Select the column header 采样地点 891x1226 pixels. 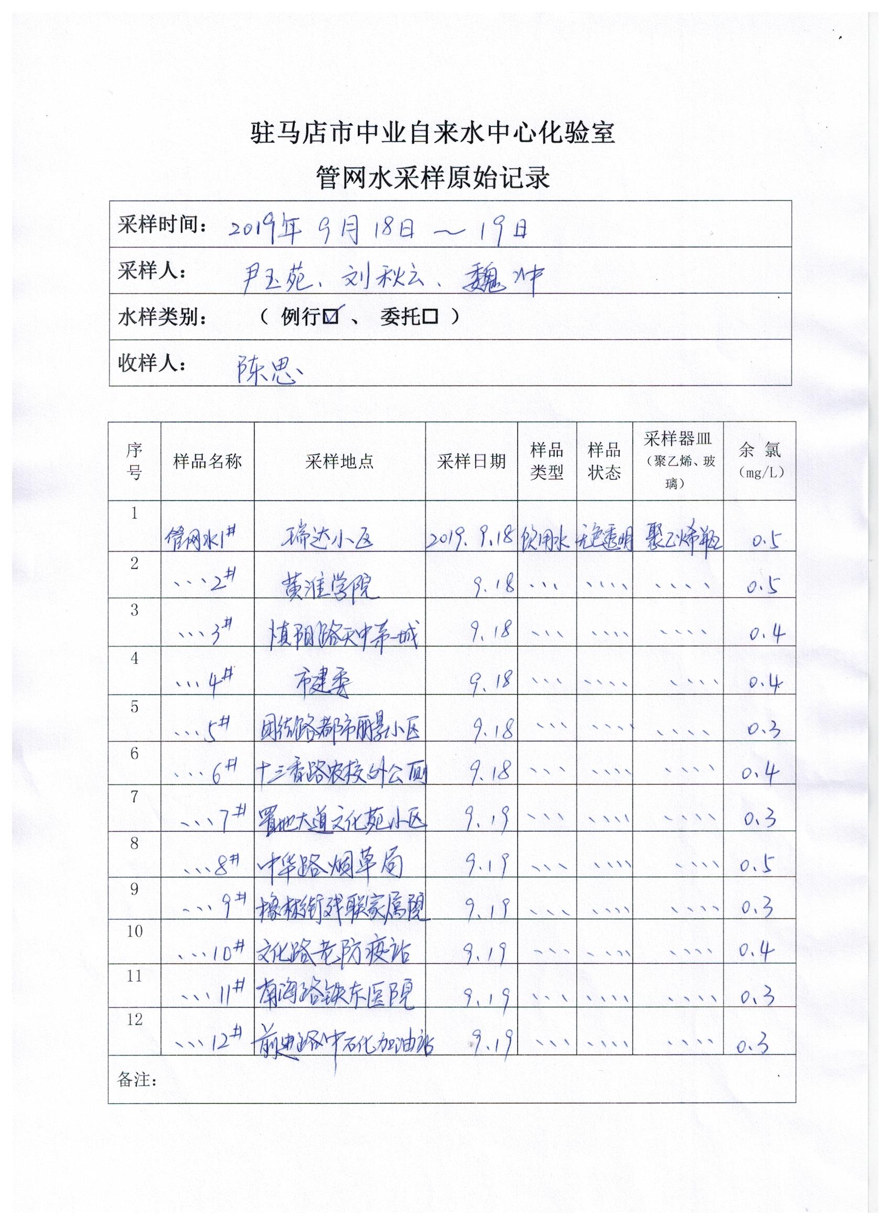(x=339, y=461)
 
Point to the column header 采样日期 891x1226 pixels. (x=471, y=461)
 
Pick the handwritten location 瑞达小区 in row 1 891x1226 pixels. (x=328, y=539)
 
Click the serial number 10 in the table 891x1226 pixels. (x=135, y=931)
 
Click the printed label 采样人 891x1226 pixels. (x=151, y=271)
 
